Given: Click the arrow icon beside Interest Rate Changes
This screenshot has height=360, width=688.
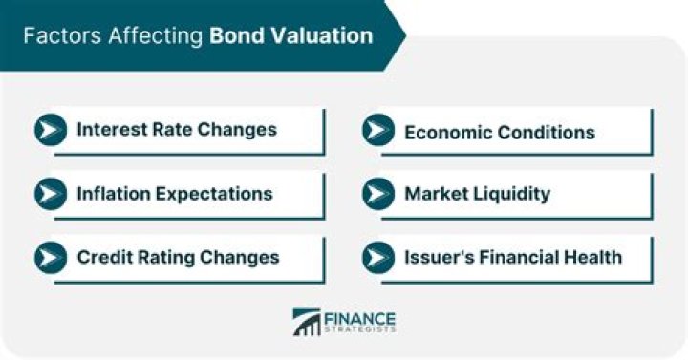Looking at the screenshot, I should click(x=50, y=130).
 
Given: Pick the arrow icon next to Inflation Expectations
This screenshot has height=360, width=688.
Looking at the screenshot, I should click(x=50, y=194).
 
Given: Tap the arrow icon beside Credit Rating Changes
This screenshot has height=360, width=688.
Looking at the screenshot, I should click(x=50, y=257).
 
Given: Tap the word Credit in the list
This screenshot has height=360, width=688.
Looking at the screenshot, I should click(x=104, y=257).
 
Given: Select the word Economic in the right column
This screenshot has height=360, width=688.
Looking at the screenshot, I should click(x=446, y=131).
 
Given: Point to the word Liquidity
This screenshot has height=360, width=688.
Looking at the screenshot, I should click(x=512, y=194).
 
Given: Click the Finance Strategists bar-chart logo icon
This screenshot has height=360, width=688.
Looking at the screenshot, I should click(x=307, y=322).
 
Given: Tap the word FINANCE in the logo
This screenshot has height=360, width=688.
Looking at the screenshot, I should click(x=361, y=317).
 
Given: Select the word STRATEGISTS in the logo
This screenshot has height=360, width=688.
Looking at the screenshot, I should click(x=361, y=330).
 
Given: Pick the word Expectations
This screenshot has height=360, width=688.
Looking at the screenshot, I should click(x=216, y=194).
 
